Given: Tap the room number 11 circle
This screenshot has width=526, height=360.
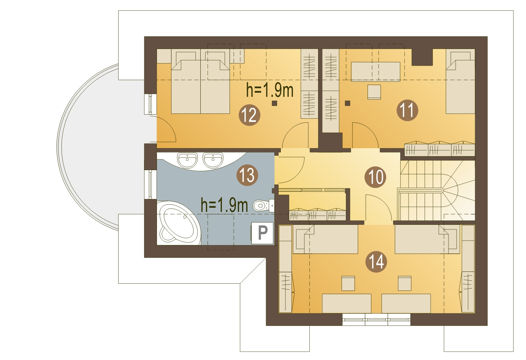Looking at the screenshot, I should point(407,111).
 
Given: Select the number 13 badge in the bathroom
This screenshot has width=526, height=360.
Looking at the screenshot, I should point(247,175).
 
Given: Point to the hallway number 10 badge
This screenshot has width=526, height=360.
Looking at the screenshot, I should point(375,177).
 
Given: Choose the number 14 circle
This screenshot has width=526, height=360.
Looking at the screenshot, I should point(376,262).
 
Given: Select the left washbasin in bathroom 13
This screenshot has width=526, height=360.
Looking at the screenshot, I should point(187,160).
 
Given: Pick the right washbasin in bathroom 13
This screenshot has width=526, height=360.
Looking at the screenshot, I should point(213,160).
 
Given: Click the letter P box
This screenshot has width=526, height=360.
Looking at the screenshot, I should point(263,232).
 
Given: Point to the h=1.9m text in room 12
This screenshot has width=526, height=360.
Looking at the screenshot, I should point(270,90).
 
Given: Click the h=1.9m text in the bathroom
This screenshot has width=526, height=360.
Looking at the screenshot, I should point(224,205).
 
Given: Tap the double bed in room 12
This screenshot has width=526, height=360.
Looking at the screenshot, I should point(200,87).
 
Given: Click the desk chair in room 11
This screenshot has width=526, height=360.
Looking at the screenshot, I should point(374,92).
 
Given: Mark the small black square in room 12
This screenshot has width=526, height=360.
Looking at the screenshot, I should point(274,103).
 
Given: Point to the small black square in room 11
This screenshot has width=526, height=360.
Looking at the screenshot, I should point(347,103).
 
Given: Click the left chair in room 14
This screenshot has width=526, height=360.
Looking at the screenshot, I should point(348,283).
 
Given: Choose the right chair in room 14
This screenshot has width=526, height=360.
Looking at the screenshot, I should point(404,283).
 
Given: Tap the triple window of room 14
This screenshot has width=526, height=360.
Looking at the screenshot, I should point(376,319).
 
